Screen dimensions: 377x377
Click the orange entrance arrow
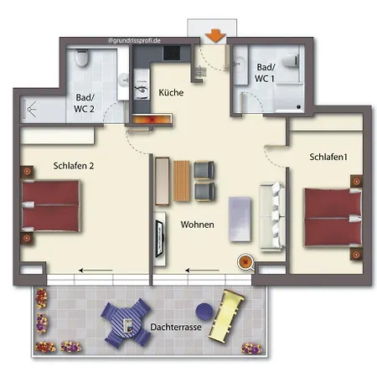215,36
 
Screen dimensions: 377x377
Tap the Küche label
171,92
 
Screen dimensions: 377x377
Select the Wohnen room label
197,225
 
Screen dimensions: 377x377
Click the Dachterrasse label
176,327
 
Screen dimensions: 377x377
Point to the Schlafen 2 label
74,166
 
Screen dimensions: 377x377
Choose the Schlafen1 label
328,157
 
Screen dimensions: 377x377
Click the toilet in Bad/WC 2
82,58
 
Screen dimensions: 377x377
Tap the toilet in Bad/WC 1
291,60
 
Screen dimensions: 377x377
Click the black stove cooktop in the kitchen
172,53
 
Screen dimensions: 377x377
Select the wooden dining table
182,181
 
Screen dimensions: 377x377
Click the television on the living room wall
159,239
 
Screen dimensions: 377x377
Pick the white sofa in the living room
272,216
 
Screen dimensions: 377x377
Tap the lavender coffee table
240,219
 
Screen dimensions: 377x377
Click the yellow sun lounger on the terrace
226,316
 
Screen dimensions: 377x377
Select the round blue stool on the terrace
204,312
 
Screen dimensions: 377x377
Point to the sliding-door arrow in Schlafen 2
96,271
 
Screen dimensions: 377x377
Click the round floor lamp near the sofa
245,262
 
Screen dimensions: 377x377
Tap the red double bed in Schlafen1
333,218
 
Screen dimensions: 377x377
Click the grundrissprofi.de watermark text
134,41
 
